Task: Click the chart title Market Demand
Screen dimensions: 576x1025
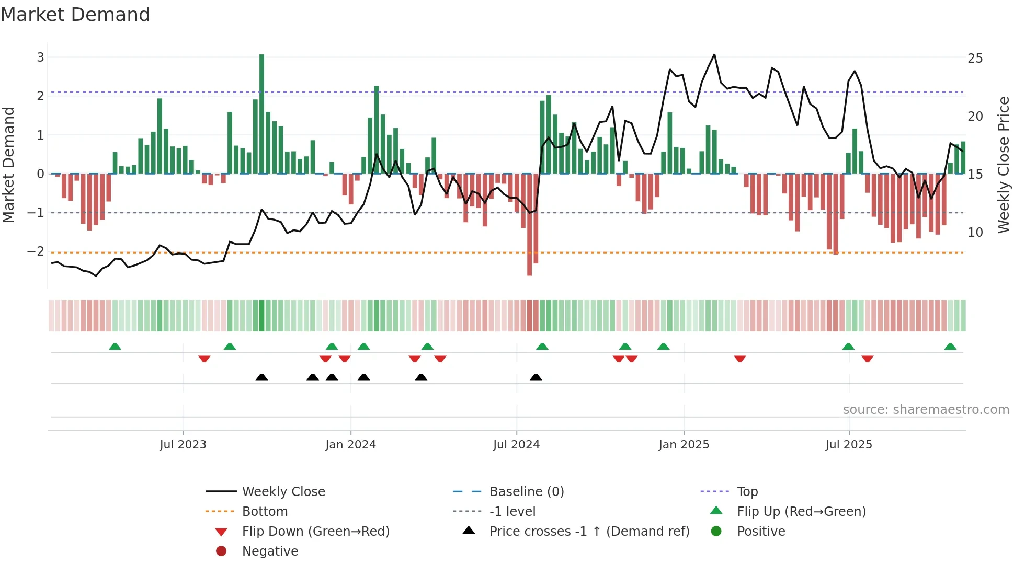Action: click(75, 14)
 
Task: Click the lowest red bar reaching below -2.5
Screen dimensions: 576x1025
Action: click(529, 225)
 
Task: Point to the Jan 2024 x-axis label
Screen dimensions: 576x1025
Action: click(350, 445)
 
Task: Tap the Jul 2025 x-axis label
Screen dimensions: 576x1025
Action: click(849, 445)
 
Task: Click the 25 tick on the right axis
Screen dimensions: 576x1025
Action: click(975, 58)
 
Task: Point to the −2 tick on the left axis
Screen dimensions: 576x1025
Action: click(36, 251)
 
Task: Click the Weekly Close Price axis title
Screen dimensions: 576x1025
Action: click(1003, 165)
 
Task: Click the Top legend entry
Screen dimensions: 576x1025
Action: click(747, 491)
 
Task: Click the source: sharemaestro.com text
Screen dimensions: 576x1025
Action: click(926, 409)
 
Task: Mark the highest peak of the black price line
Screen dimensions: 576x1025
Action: click(714, 54)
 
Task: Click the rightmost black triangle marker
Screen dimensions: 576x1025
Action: click(536, 377)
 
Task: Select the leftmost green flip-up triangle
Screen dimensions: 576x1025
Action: click(115, 347)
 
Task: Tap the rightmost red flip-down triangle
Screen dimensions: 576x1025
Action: click(868, 359)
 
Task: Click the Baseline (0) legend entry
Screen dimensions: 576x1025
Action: click(526, 491)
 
